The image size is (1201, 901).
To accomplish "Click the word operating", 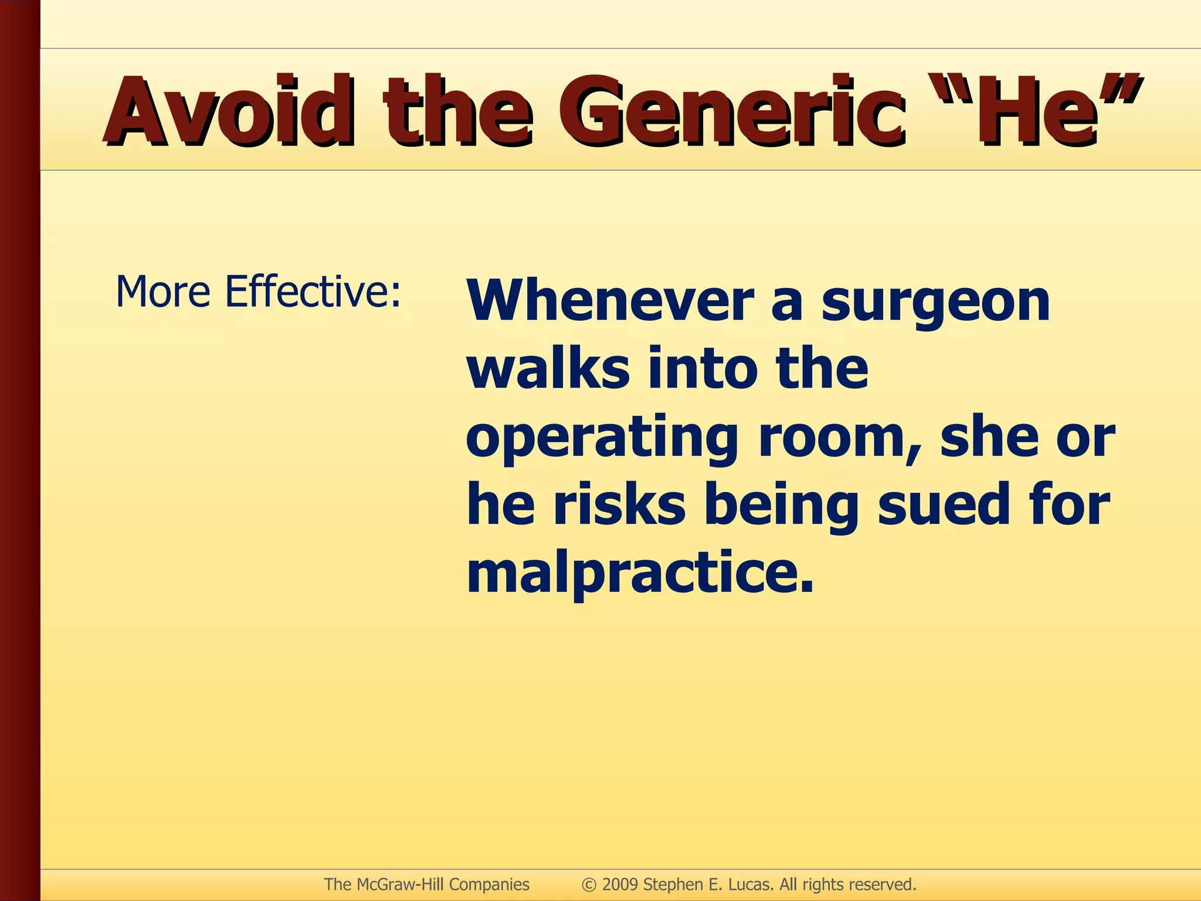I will (602, 440).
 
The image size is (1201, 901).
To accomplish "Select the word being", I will (785, 508).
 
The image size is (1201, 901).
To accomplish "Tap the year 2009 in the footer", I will (620, 885).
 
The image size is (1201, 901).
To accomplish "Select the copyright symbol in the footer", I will (589, 885).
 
